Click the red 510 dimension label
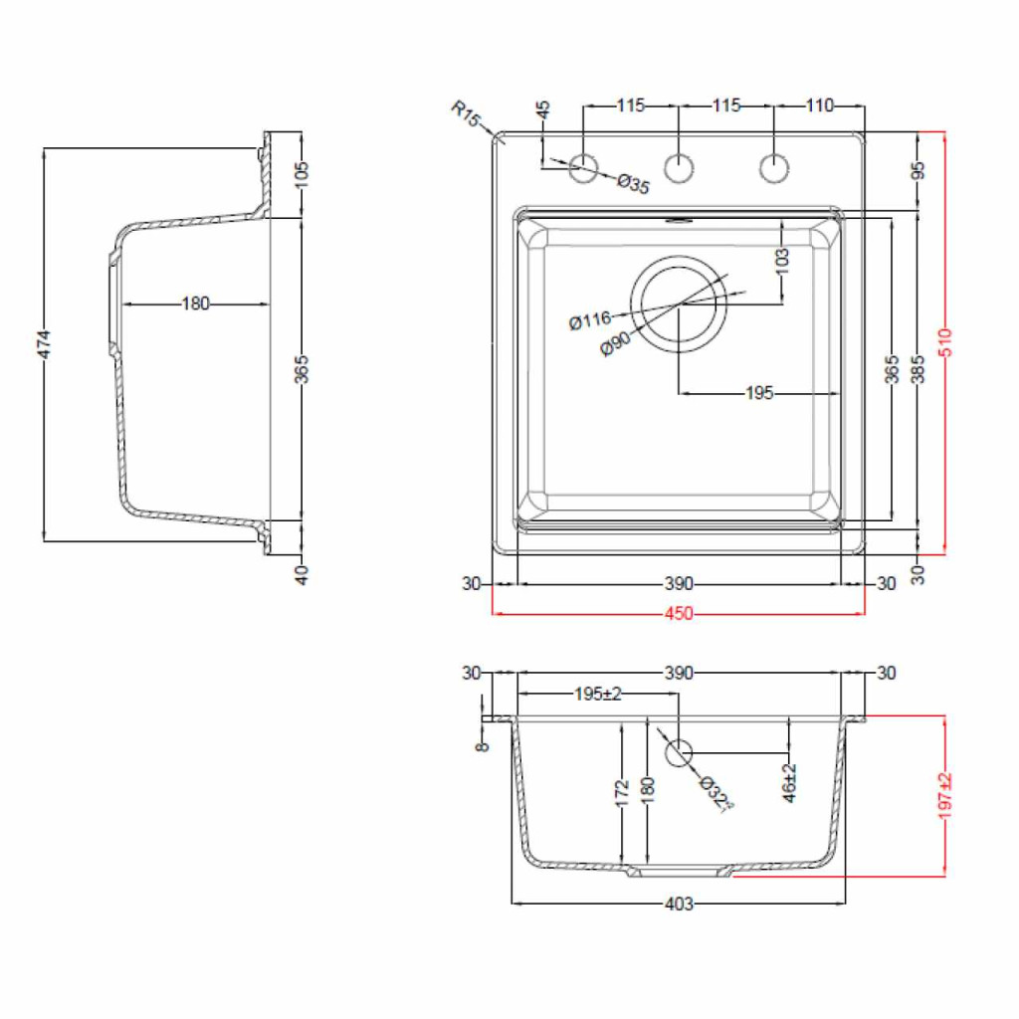945,342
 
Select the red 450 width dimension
679,613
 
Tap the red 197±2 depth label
945,795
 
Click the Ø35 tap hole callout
633,184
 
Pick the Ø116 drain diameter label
590,320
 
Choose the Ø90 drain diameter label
615,343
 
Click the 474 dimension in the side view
44,343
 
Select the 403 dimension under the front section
679,904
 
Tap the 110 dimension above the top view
820,105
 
